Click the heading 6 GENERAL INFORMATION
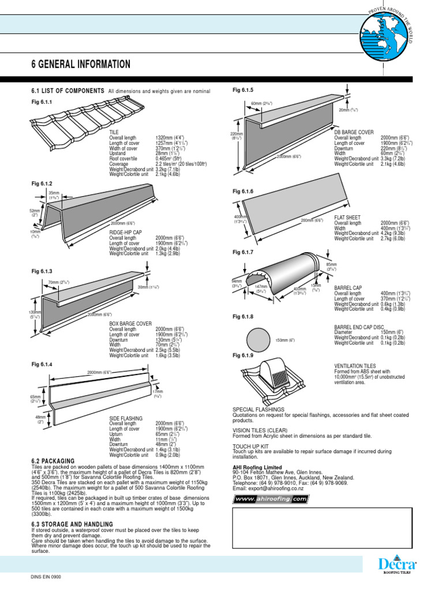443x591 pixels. click(x=80, y=64)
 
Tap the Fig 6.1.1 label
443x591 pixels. click(x=42, y=102)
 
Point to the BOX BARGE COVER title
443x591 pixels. click(x=130, y=324)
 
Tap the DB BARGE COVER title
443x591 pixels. click(x=354, y=133)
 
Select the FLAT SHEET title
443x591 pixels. click(x=348, y=218)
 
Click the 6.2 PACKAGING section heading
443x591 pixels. click(x=54, y=461)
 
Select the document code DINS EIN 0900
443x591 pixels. click(x=46, y=577)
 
